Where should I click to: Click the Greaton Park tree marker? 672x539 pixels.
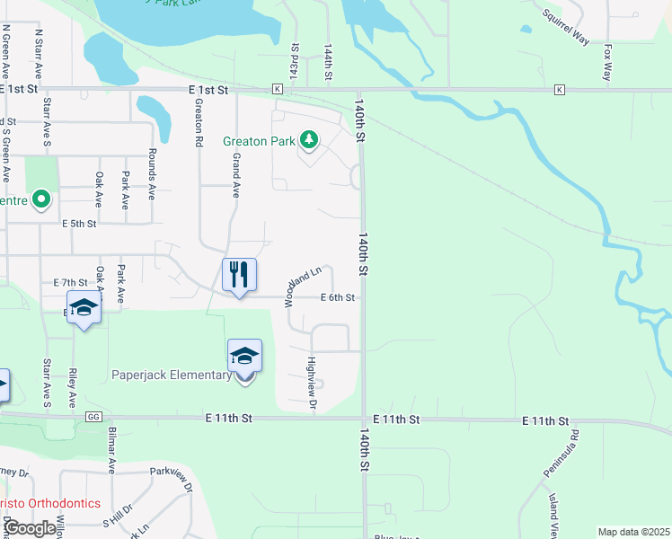point(309,139)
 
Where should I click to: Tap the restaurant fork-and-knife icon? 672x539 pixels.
point(239,273)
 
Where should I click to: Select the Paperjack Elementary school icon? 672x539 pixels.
point(244,356)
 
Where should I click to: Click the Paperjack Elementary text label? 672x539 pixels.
point(172,375)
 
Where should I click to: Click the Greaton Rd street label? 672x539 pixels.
point(199,121)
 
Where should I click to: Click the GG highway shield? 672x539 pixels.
point(93,417)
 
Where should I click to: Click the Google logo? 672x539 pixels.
point(31,528)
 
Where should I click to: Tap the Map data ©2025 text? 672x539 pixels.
point(633,532)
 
